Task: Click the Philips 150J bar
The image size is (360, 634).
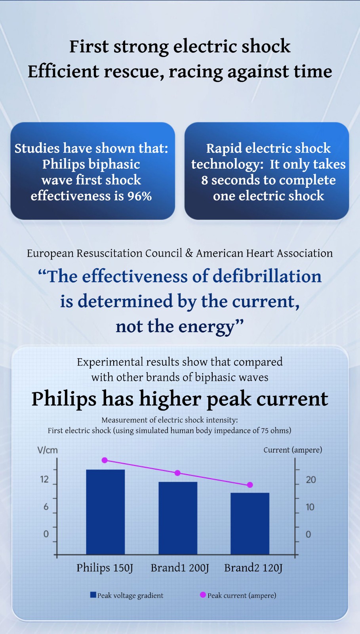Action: click(105, 512)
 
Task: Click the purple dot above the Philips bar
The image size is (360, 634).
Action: click(105, 460)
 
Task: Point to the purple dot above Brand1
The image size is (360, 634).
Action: click(177, 473)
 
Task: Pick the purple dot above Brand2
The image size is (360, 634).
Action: click(250, 485)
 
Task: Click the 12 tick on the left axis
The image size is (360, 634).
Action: click(44, 479)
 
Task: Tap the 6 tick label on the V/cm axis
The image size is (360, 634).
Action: click(46, 507)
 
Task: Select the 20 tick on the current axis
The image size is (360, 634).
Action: click(311, 480)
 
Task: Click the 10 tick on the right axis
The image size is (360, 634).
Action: click(310, 507)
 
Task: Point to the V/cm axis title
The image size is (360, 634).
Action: click(48, 450)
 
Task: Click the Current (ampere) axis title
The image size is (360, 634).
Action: click(293, 450)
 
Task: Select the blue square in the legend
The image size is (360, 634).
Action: click(93, 595)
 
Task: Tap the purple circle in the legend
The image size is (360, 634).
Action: click(203, 595)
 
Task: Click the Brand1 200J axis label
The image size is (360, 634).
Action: click(179, 568)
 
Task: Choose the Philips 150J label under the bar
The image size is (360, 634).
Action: click(105, 568)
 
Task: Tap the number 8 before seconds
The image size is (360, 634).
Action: click(204, 180)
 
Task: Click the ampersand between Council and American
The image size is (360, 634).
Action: click(189, 253)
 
